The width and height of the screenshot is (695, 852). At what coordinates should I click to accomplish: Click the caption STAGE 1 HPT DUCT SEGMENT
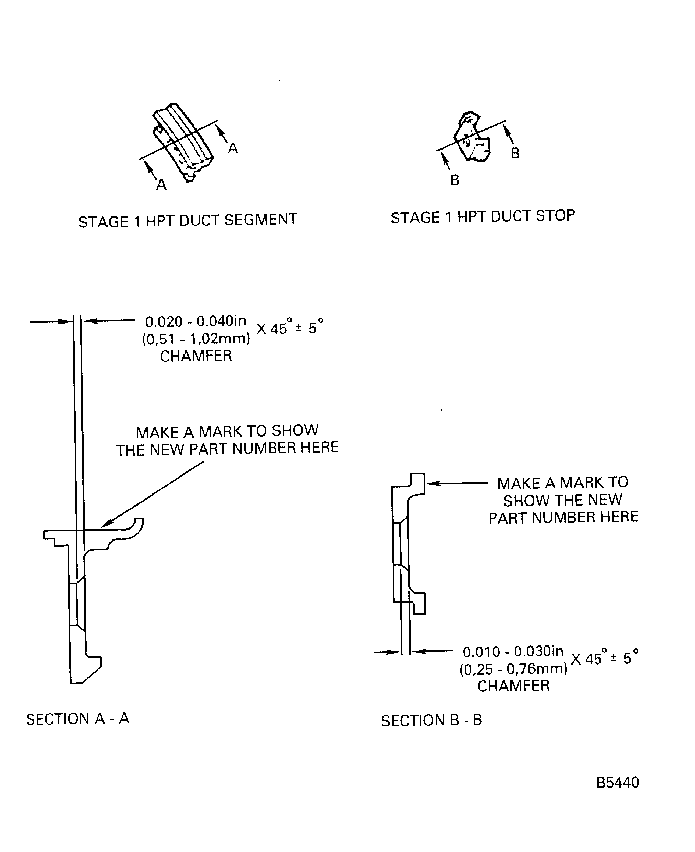tap(187, 220)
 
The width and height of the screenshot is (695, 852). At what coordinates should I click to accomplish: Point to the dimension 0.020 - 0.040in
tap(195, 321)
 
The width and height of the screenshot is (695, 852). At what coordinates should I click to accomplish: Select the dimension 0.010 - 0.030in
tap(513, 652)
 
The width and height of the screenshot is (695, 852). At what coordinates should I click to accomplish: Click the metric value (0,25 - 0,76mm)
tap(513, 669)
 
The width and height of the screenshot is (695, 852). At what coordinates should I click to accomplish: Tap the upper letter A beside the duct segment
tap(233, 149)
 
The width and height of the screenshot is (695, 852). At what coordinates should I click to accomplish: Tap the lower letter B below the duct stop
tap(454, 180)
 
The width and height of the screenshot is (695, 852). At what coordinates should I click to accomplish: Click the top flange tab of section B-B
tap(418, 483)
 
